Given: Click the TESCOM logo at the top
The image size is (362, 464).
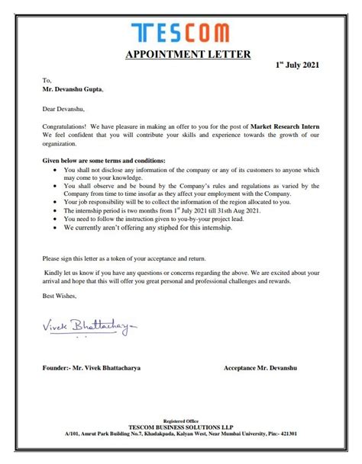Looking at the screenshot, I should point(180,33).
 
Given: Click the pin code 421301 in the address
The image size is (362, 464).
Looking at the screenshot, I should point(310,433).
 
